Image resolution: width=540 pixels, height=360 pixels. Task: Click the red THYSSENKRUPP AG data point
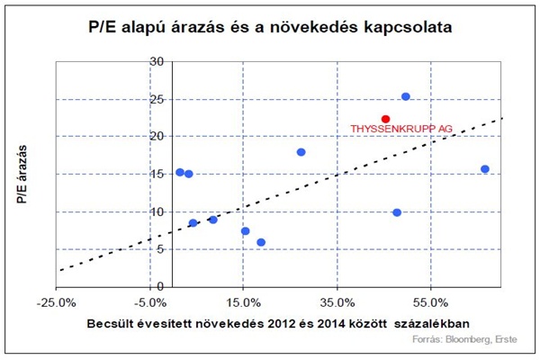(x=385, y=119)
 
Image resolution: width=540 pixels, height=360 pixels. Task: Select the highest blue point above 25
(x=406, y=96)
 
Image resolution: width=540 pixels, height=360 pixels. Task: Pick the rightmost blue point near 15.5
(x=485, y=169)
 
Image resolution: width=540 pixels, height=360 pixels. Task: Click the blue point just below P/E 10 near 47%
(x=397, y=212)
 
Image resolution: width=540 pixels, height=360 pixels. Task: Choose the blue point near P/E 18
(x=301, y=152)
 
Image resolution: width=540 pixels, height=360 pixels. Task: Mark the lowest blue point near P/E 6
(x=261, y=242)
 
